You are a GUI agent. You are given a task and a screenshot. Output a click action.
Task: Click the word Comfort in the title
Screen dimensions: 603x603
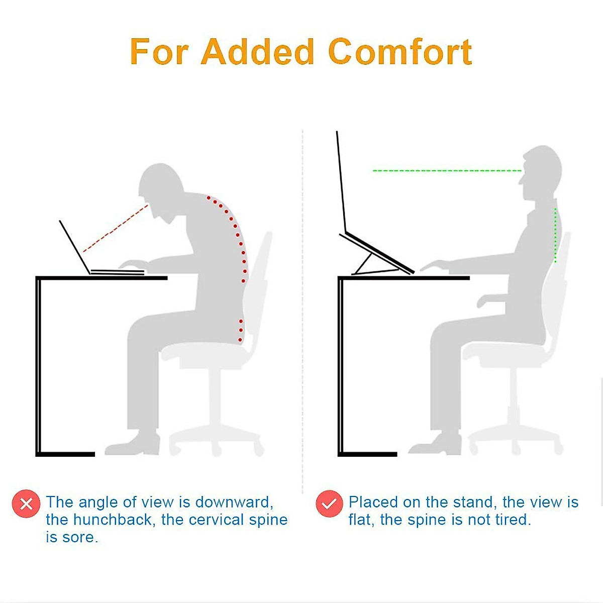coord(400,52)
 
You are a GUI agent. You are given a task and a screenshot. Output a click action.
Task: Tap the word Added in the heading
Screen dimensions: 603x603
coord(257,52)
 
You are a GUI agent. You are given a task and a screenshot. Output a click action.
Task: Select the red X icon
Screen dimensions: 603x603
coord(26,504)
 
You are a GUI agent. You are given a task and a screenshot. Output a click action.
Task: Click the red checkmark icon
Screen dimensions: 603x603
coord(329,504)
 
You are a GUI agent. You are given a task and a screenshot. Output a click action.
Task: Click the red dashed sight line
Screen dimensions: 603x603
coord(116,228)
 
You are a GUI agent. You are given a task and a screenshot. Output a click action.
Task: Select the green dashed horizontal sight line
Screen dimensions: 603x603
coord(447,171)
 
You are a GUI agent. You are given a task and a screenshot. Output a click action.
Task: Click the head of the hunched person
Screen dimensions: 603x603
coord(161,186)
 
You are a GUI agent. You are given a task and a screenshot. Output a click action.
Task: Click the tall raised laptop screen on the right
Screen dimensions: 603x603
coord(341,181)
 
